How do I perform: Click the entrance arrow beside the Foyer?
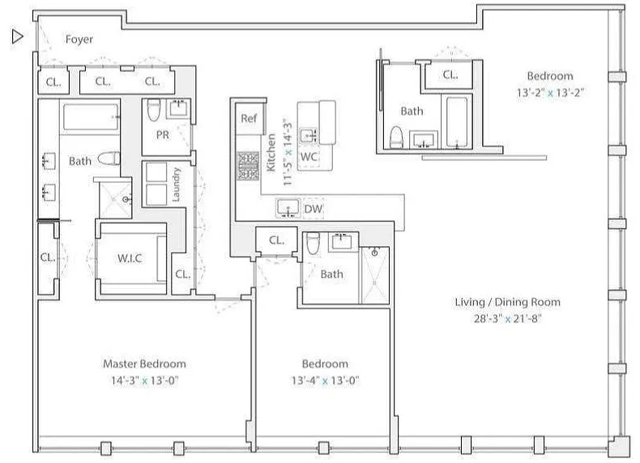click(17, 36)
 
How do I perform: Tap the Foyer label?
click(79, 39)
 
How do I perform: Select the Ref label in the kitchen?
click(249, 118)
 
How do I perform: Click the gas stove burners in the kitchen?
click(248, 166)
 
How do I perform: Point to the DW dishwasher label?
click(313, 209)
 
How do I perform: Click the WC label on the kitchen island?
click(309, 157)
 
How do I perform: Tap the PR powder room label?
click(163, 134)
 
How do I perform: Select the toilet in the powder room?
click(153, 110)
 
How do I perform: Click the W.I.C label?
click(130, 258)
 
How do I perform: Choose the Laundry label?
click(176, 185)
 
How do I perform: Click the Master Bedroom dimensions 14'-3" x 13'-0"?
click(145, 380)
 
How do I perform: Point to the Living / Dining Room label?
click(508, 302)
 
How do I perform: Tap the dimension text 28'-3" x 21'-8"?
click(508, 319)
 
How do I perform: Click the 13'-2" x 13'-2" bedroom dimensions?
click(550, 92)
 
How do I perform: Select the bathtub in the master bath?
click(91, 117)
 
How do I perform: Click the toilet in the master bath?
click(109, 159)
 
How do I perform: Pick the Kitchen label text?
click(271, 152)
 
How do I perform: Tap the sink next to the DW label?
click(288, 208)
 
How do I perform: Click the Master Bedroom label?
click(144, 364)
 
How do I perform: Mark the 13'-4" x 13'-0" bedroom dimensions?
click(325, 380)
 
